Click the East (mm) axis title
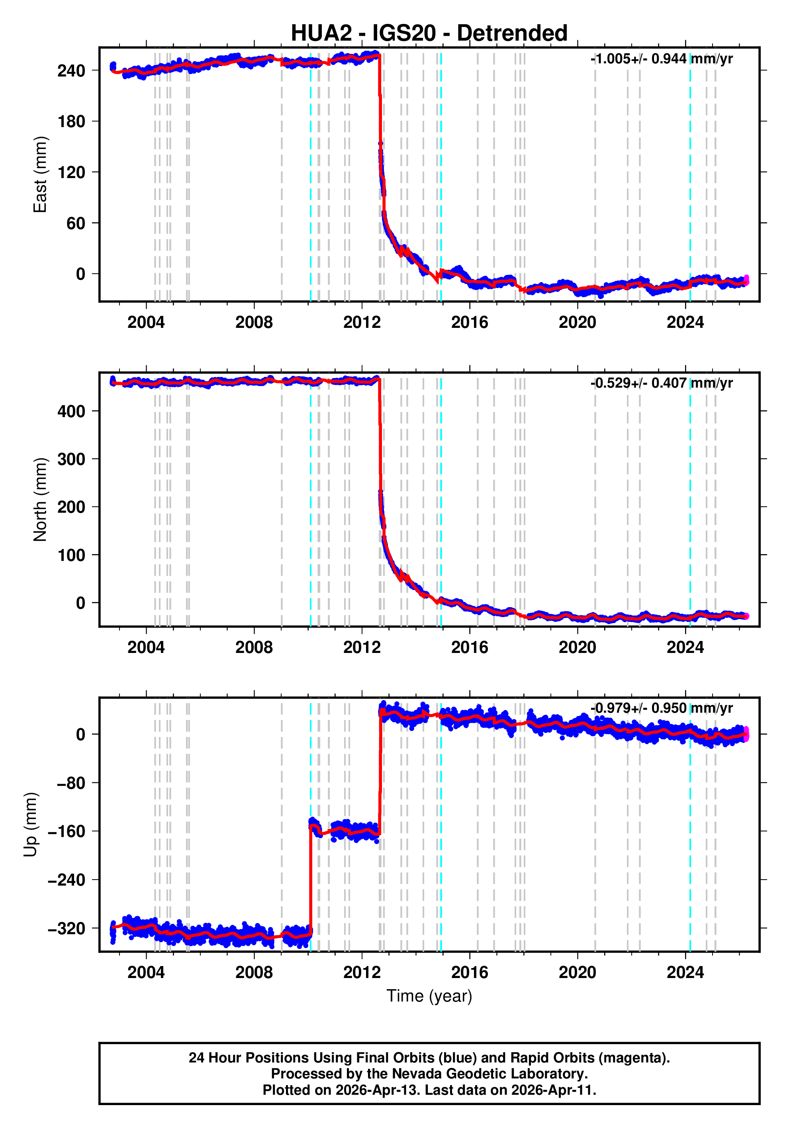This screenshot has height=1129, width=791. tap(40, 174)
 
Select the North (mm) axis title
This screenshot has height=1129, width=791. tap(40, 500)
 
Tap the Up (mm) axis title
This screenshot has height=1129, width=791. tap(31, 825)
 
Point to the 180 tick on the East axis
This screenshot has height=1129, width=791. tap(71, 122)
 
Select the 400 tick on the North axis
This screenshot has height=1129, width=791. tap(71, 412)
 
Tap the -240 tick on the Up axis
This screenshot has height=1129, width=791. tap(67, 880)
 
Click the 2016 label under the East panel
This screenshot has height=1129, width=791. tap(470, 323)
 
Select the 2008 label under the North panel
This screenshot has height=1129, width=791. tap(254, 648)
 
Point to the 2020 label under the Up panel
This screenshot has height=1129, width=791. tap(577, 972)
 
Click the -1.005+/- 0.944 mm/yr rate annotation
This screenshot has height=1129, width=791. tap(661, 59)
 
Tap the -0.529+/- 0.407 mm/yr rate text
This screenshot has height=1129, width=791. tap(661, 383)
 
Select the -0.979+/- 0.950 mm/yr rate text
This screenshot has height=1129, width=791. tap(661, 708)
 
